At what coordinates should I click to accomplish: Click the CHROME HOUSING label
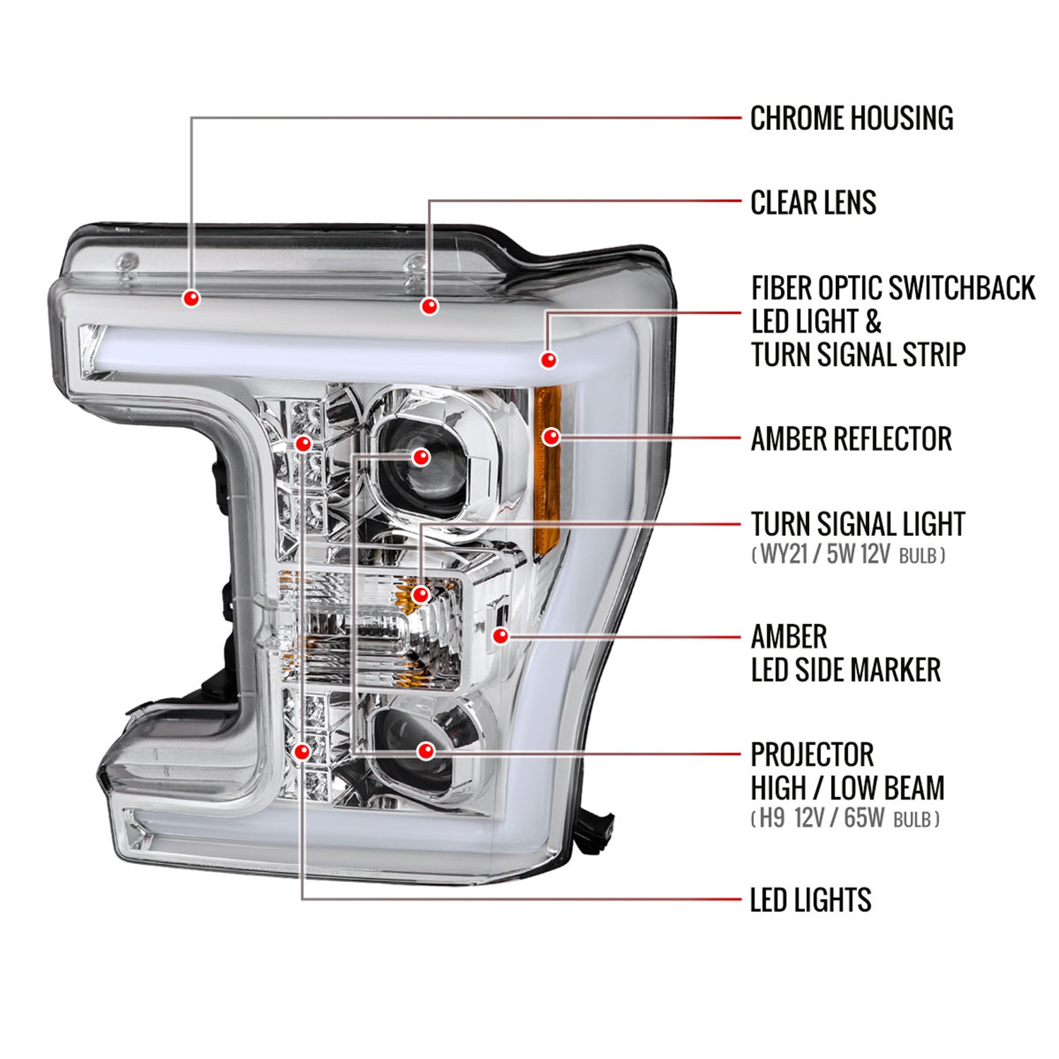851,119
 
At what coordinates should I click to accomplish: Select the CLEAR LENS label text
813,203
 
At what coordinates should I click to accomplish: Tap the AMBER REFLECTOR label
851,439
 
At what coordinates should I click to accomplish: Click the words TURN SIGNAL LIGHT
858,525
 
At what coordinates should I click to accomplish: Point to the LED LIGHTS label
810,900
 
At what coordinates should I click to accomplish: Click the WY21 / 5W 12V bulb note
848,554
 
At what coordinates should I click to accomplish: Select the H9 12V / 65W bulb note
845,818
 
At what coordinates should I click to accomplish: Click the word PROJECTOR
812,755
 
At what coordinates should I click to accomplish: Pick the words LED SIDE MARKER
846,670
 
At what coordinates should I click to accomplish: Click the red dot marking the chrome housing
191,298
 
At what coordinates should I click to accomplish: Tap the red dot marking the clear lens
429,306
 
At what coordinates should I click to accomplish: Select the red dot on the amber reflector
551,437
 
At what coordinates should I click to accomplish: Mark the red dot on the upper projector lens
421,457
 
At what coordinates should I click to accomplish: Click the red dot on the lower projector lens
426,750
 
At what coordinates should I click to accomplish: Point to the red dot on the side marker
501,635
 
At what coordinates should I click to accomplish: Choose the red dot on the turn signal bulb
421,594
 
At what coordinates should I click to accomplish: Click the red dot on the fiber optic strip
549,359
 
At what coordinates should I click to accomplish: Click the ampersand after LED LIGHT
873,322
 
